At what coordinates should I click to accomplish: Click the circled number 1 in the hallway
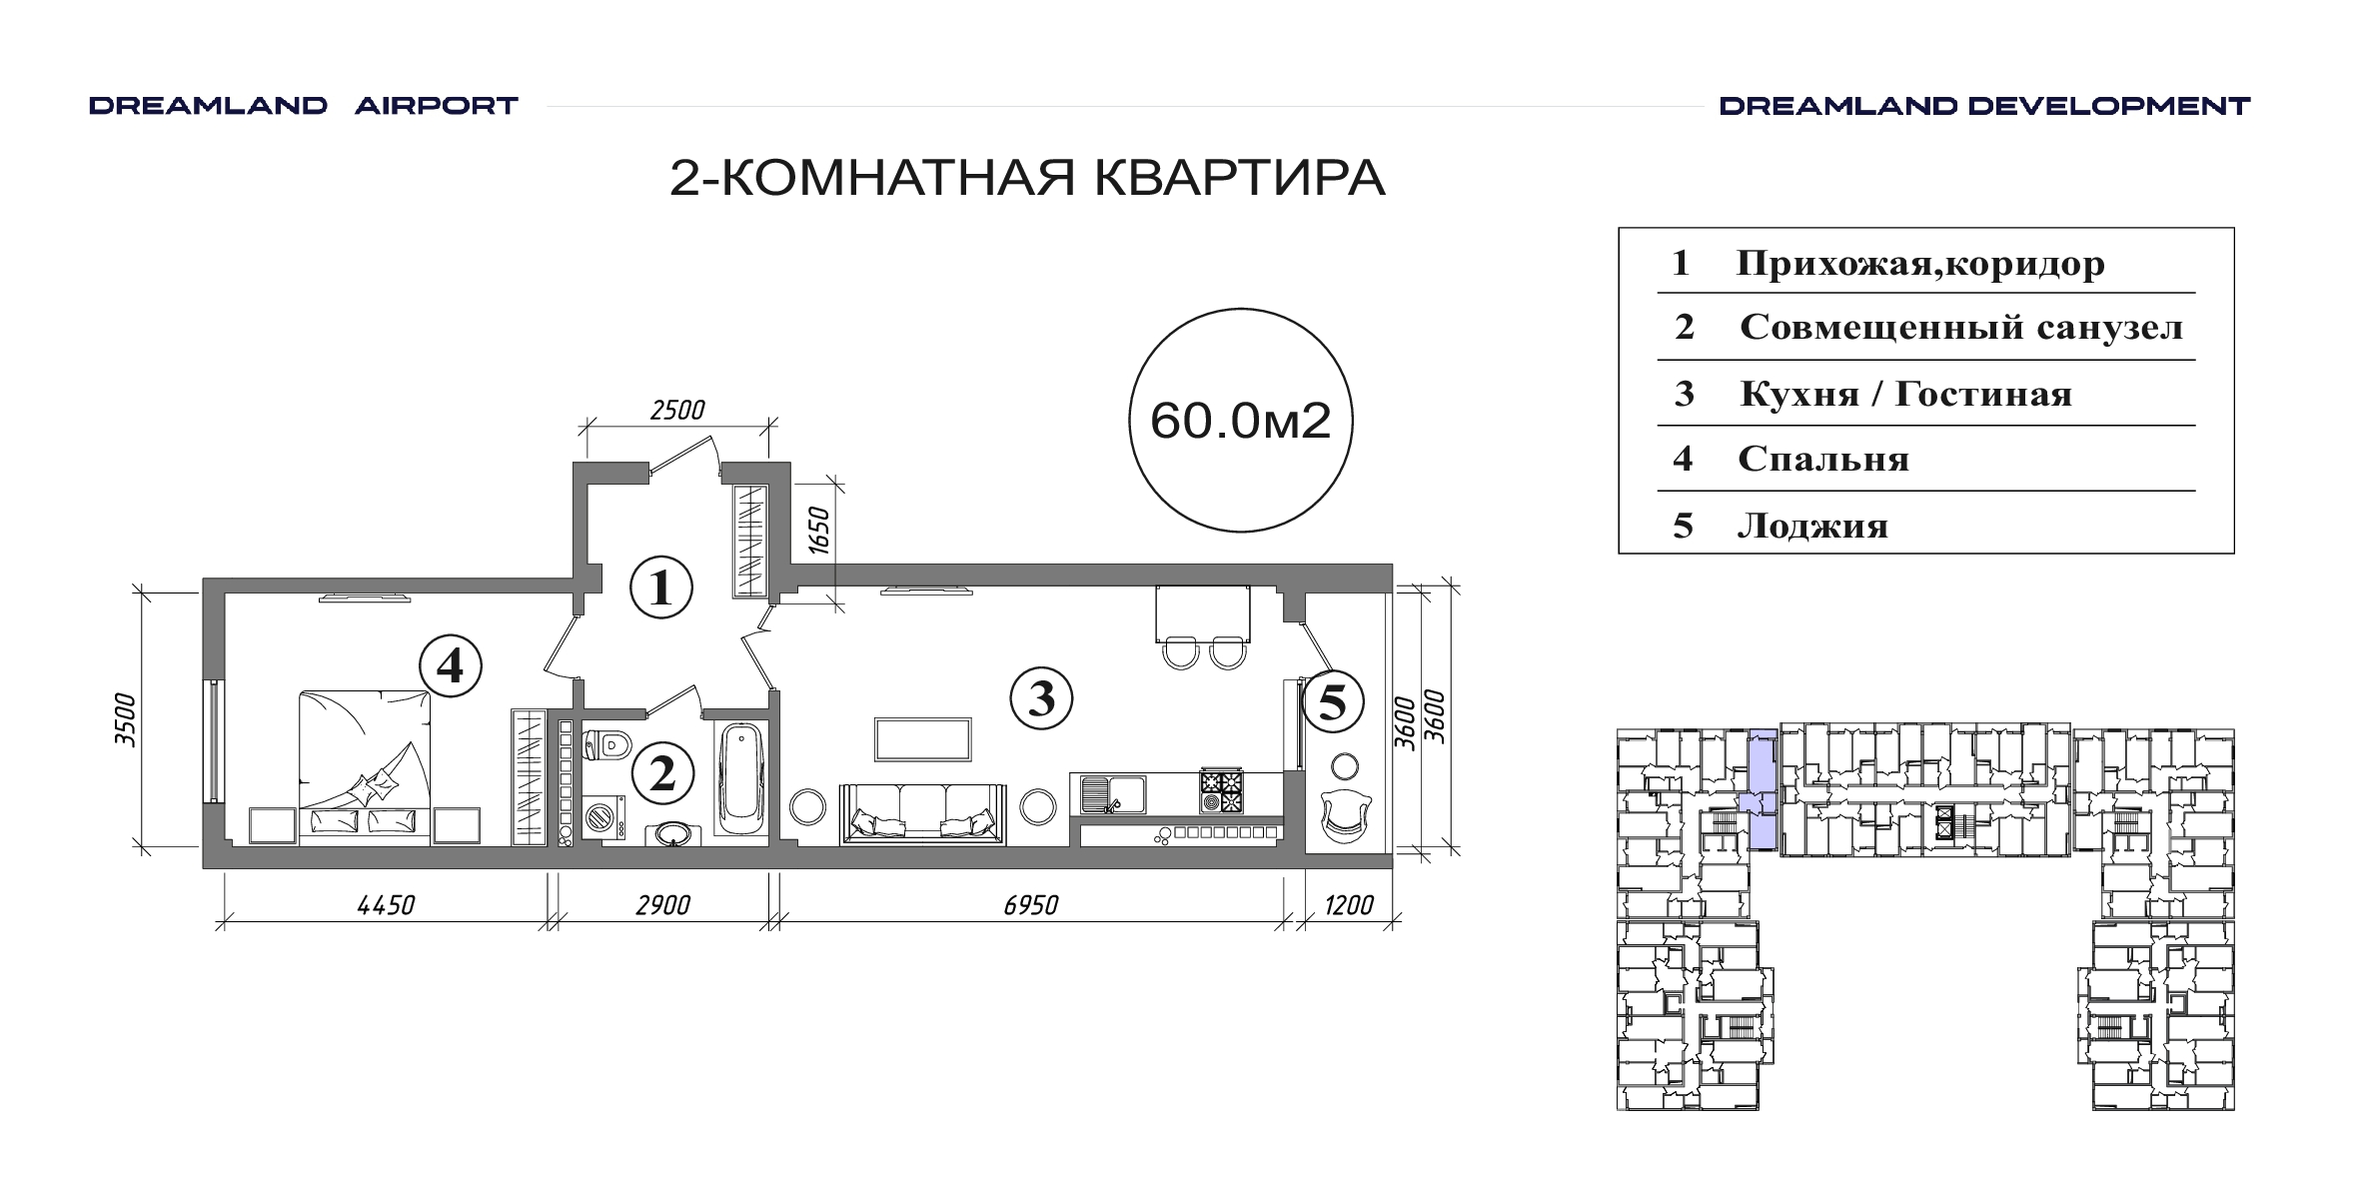pos(661,588)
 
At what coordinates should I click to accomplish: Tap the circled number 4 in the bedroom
pos(451,665)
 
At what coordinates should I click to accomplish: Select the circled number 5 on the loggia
pos(1333,702)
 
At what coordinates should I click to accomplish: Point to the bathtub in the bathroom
pos(740,780)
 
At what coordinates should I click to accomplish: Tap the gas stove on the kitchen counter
pos(1222,791)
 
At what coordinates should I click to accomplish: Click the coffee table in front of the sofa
pos(922,740)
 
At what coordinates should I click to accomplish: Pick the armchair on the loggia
pos(1345,815)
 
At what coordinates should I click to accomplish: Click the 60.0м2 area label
pos(1241,421)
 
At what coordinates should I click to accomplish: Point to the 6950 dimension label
pos(1030,905)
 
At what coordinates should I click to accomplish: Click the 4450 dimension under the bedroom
pos(386,905)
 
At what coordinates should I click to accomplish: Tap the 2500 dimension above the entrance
pos(677,410)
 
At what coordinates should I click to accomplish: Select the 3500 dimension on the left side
pos(125,719)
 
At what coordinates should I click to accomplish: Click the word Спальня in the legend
pos(1823,460)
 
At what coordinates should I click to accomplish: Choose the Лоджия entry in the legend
pos(1813,526)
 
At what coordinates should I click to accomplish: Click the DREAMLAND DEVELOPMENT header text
pos(1984,106)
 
